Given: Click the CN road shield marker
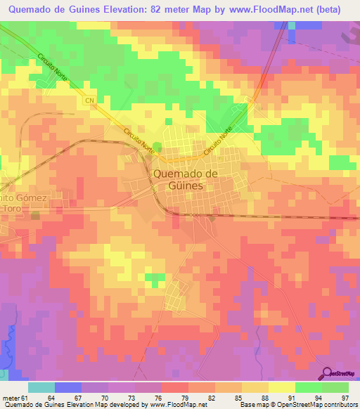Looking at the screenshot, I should click(x=91, y=100).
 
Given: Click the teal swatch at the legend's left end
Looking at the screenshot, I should click(x=41, y=387).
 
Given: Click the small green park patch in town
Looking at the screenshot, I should click(x=156, y=147).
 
